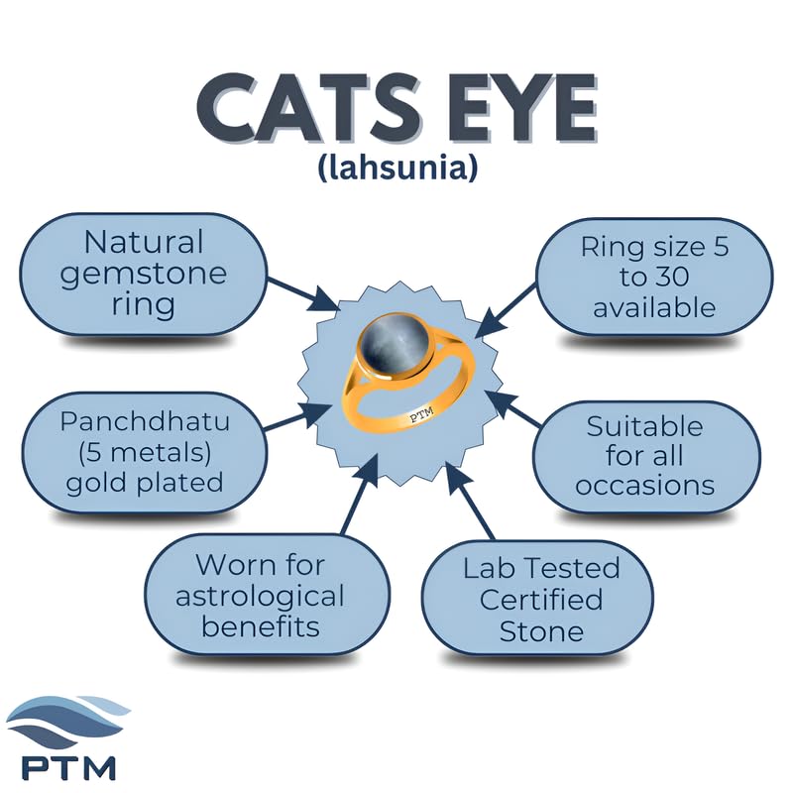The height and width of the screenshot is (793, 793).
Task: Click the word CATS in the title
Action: (309, 107)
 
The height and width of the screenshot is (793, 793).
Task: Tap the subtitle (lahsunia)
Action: (398, 168)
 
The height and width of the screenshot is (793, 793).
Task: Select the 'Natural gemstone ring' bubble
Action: (144, 275)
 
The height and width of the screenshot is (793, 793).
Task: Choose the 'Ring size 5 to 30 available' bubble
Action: (654, 278)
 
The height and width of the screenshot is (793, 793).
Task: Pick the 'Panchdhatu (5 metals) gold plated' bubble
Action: (145, 452)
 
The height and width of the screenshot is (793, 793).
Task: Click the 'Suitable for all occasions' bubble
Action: (646, 456)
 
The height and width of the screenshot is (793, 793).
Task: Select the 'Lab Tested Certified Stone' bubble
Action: (537, 600)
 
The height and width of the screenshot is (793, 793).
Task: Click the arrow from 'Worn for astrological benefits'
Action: (360, 494)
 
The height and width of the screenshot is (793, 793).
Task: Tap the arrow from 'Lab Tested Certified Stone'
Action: (469, 501)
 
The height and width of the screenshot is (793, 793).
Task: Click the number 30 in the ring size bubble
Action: (672, 277)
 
